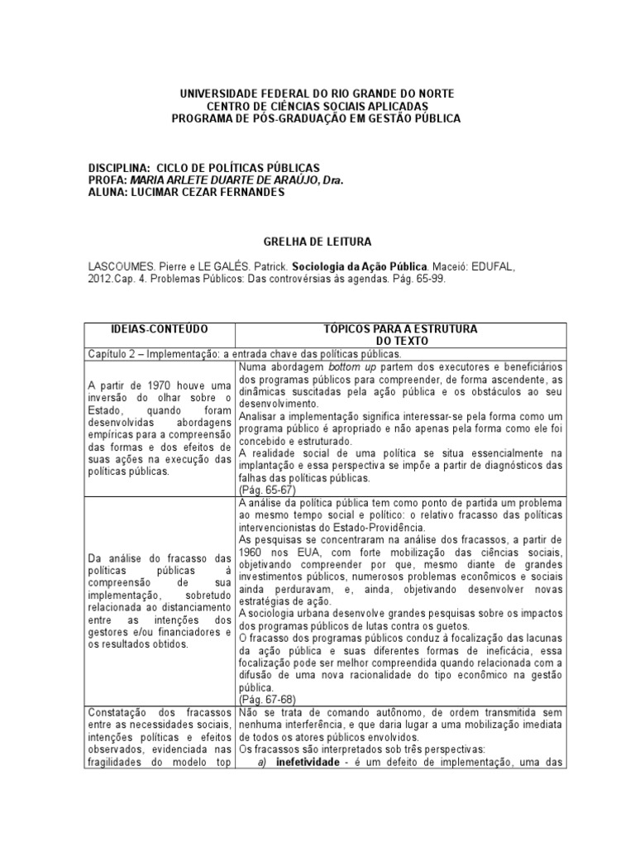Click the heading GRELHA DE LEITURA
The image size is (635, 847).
pos(317,242)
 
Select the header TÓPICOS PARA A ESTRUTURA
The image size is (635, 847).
pos(400,329)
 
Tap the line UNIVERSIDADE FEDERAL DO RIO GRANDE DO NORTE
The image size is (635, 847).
pos(317,94)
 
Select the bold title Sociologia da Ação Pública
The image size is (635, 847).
pos(368,267)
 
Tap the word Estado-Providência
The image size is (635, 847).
pos(389,528)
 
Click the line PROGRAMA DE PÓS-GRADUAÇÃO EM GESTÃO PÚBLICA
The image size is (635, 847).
pos(317,119)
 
